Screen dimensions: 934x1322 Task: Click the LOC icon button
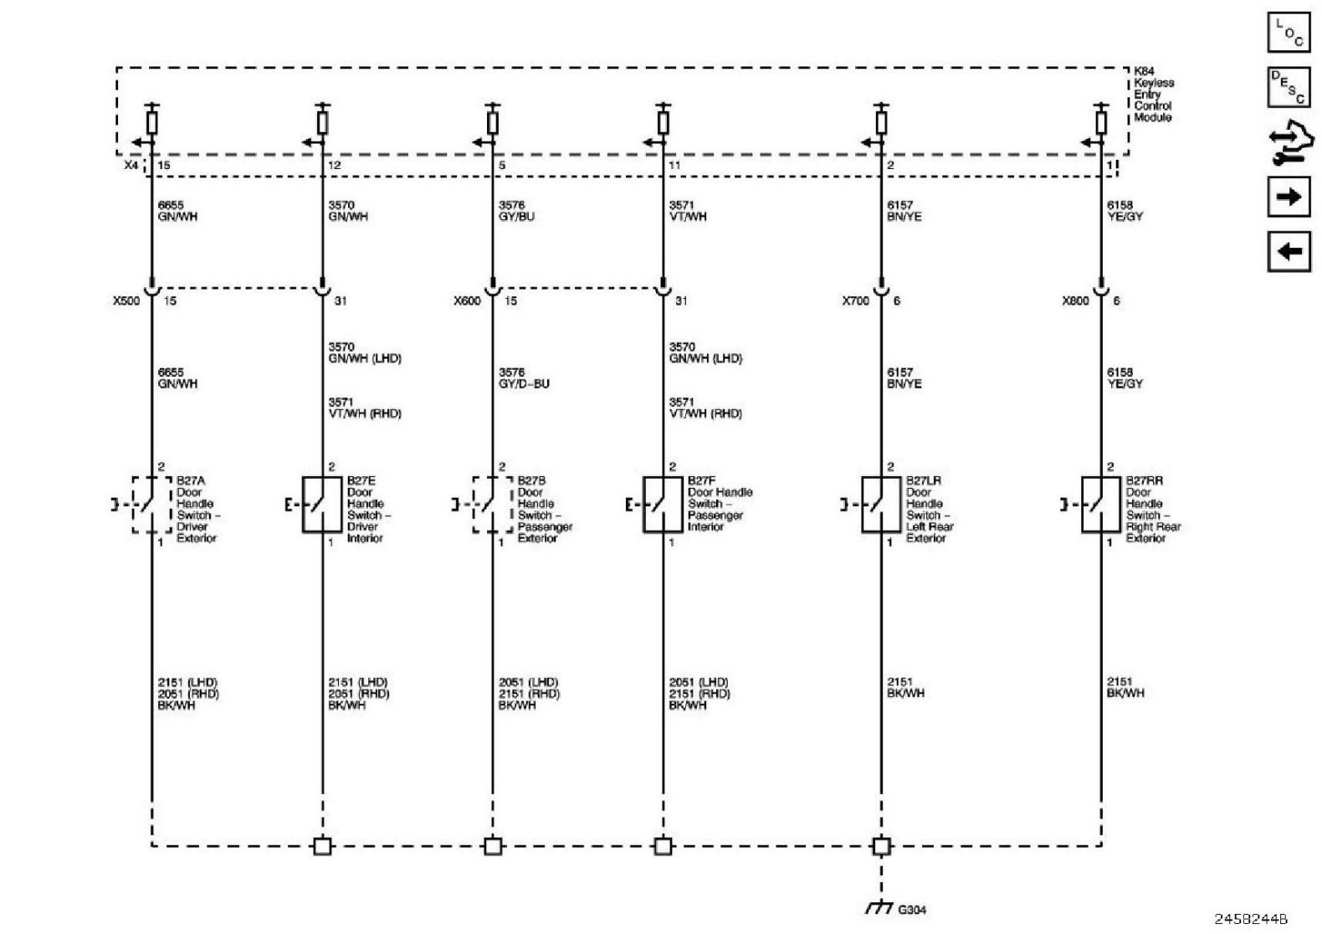coord(1289,33)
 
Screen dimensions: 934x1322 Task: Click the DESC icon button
coord(1289,87)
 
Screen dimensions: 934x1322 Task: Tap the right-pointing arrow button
coord(1289,197)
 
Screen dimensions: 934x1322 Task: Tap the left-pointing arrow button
coord(1289,250)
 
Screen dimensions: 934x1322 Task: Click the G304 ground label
coord(913,910)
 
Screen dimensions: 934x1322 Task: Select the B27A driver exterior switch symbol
coord(151,505)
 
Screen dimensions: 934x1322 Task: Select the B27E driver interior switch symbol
coord(322,505)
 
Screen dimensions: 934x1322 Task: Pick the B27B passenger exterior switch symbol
coord(493,505)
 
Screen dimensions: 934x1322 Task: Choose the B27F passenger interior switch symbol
coord(663,505)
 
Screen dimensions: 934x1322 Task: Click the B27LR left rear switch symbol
coord(881,505)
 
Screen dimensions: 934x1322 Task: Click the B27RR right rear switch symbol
coord(1101,505)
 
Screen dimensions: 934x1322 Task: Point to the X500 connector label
coord(127,300)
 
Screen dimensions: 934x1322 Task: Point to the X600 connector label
coord(468,300)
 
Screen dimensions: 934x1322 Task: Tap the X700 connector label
coord(856,300)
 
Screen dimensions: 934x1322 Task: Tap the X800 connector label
coord(1076,300)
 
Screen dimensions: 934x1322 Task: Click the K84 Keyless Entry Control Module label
coord(1153,95)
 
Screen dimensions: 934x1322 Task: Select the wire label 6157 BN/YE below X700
coord(904,378)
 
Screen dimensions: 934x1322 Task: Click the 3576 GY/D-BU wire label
coord(524,378)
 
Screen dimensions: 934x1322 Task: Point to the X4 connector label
coord(131,166)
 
